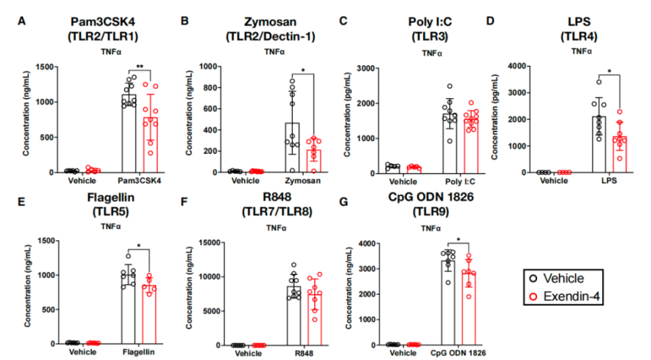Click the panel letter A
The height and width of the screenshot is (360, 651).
(x=22, y=21)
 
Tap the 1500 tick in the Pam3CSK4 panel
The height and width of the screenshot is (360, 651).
(x=45, y=67)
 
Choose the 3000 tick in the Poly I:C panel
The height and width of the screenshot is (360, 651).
(x=366, y=68)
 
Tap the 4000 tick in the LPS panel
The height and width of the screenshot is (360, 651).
(x=524, y=66)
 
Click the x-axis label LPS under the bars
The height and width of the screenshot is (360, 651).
(x=606, y=182)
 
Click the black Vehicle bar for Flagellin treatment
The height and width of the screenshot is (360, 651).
(x=128, y=310)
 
